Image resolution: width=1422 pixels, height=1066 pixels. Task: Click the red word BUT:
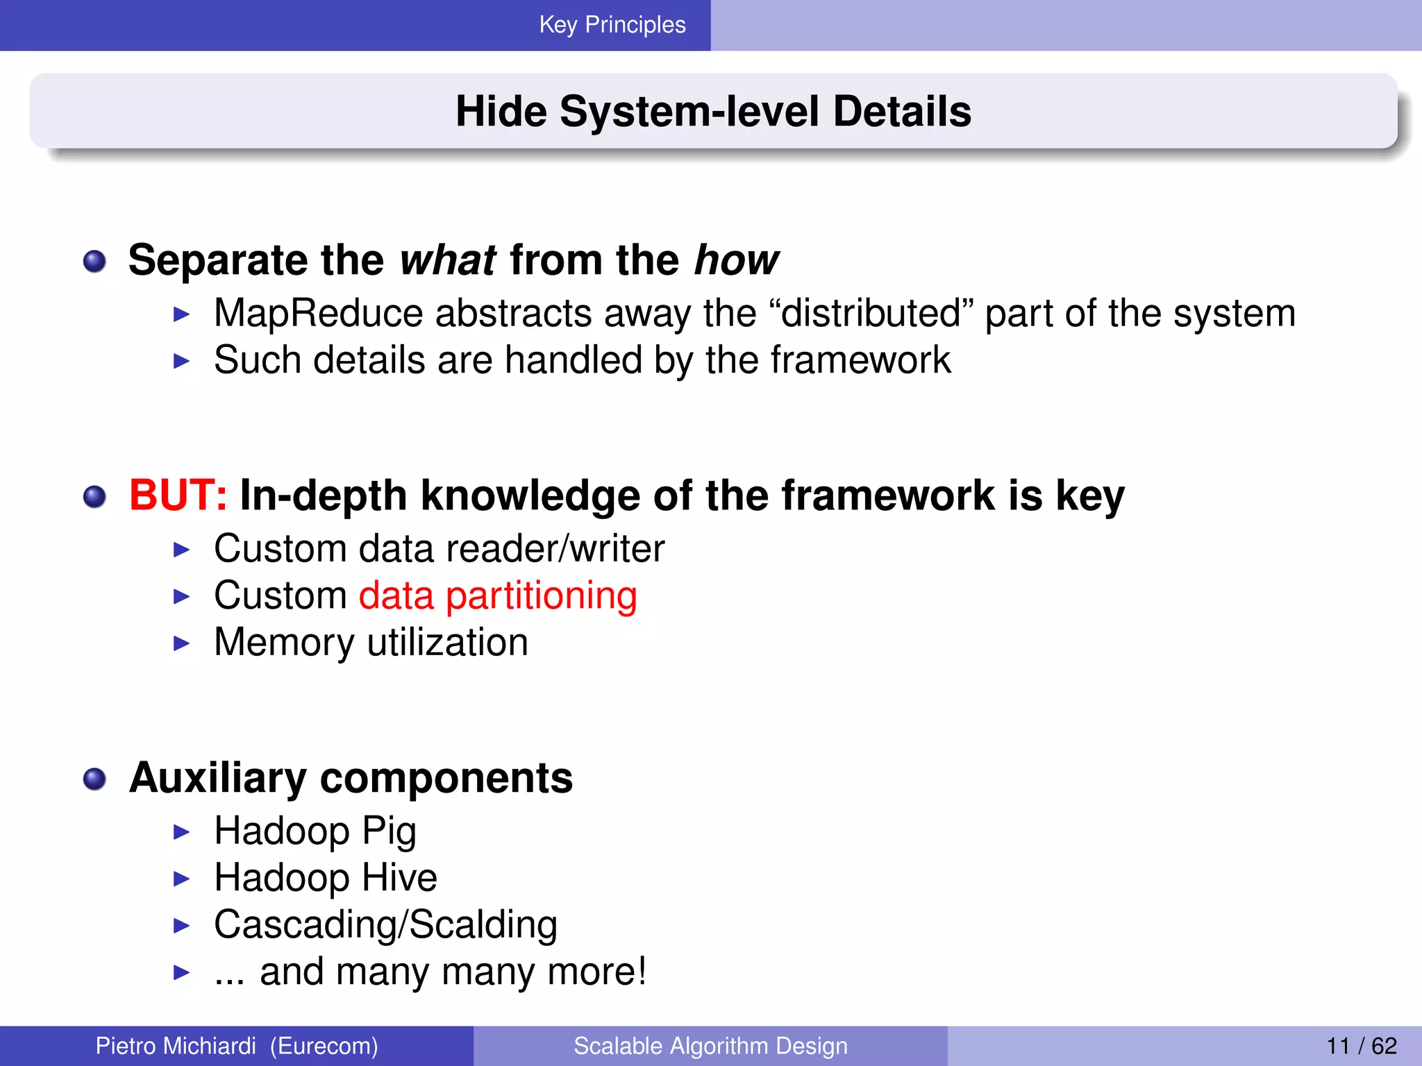pyautogui.click(x=178, y=496)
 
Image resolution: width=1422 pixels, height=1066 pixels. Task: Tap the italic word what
pyautogui.click(x=448, y=260)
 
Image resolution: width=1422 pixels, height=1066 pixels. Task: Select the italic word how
pyautogui.click(x=737, y=260)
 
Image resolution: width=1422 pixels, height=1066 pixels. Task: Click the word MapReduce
pyautogui.click(x=318, y=314)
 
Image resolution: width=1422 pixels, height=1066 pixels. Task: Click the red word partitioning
pyautogui.click(x=541, y=596)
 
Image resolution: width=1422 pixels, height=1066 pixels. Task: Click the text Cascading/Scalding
pyautogui.click(x=385, y=925)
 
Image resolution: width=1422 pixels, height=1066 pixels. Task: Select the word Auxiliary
pyautogui.click(x=217, y=778)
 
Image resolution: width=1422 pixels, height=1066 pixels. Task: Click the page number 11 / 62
pyautogui.click(x=1361, y=1046)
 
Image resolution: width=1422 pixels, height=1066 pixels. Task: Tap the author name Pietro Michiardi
pyautogui.click(x=176, y=1046)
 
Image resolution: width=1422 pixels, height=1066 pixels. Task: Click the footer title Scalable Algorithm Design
pyautogui.click(x=710, y=1046)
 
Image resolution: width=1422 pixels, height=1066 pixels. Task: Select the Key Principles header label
pyautogui.click(x=612, y=25)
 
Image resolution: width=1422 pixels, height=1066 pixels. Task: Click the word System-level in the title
pyautogui.click(x=689, y=111)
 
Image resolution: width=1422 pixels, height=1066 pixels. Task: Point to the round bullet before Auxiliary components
pyautogui.click(x=94, y=779)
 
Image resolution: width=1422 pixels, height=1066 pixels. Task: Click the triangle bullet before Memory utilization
pyautogui.click(x=181, y=643)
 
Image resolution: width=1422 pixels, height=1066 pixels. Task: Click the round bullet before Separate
pyautogui.click(x=94, y=262)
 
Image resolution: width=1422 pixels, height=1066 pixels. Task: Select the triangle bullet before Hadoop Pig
pyautogui.click(x=181, y=831)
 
